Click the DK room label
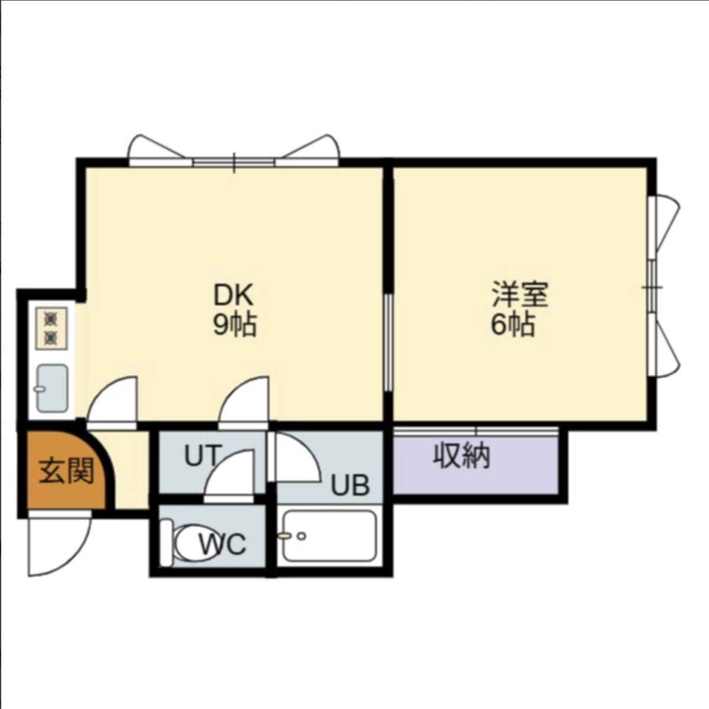click(234, 294)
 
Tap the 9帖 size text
click(235, 324)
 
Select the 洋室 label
click(520, 294)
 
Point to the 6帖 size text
click(513, 324)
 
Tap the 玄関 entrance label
click(66, 471)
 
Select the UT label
click(203, 455)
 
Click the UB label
click(351, 485)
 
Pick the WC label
click(223, 544)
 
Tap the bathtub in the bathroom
click(329, 536)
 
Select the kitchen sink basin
click(53, 389)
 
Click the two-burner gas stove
click(51, 328)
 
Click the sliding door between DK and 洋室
click(389, 342)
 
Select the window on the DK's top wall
click(234, 162)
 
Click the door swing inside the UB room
click(294, 457)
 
